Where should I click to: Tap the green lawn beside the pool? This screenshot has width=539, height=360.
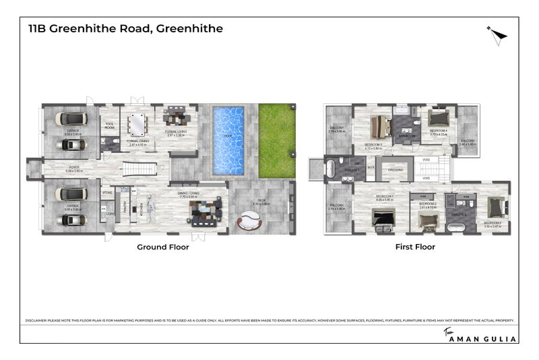[x=277, y=140]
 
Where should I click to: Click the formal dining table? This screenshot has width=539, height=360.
[x=137, y=124]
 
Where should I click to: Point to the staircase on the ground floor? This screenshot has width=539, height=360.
[x=145, y=168]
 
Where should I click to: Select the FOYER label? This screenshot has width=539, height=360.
[x=71, y=169]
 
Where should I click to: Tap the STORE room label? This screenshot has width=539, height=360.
[x=106, y=193]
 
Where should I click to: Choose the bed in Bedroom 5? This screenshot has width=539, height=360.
[x=382, y=126]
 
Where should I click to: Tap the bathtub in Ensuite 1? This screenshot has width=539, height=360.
[x=333, y=169]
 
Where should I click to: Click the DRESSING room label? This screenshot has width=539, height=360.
[x=396, y=170]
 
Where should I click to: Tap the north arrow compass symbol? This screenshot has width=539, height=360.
[x=497, y=33]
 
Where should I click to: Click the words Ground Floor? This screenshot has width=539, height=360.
[x=162, y=247]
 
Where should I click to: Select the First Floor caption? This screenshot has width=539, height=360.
[x=414, y=247]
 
